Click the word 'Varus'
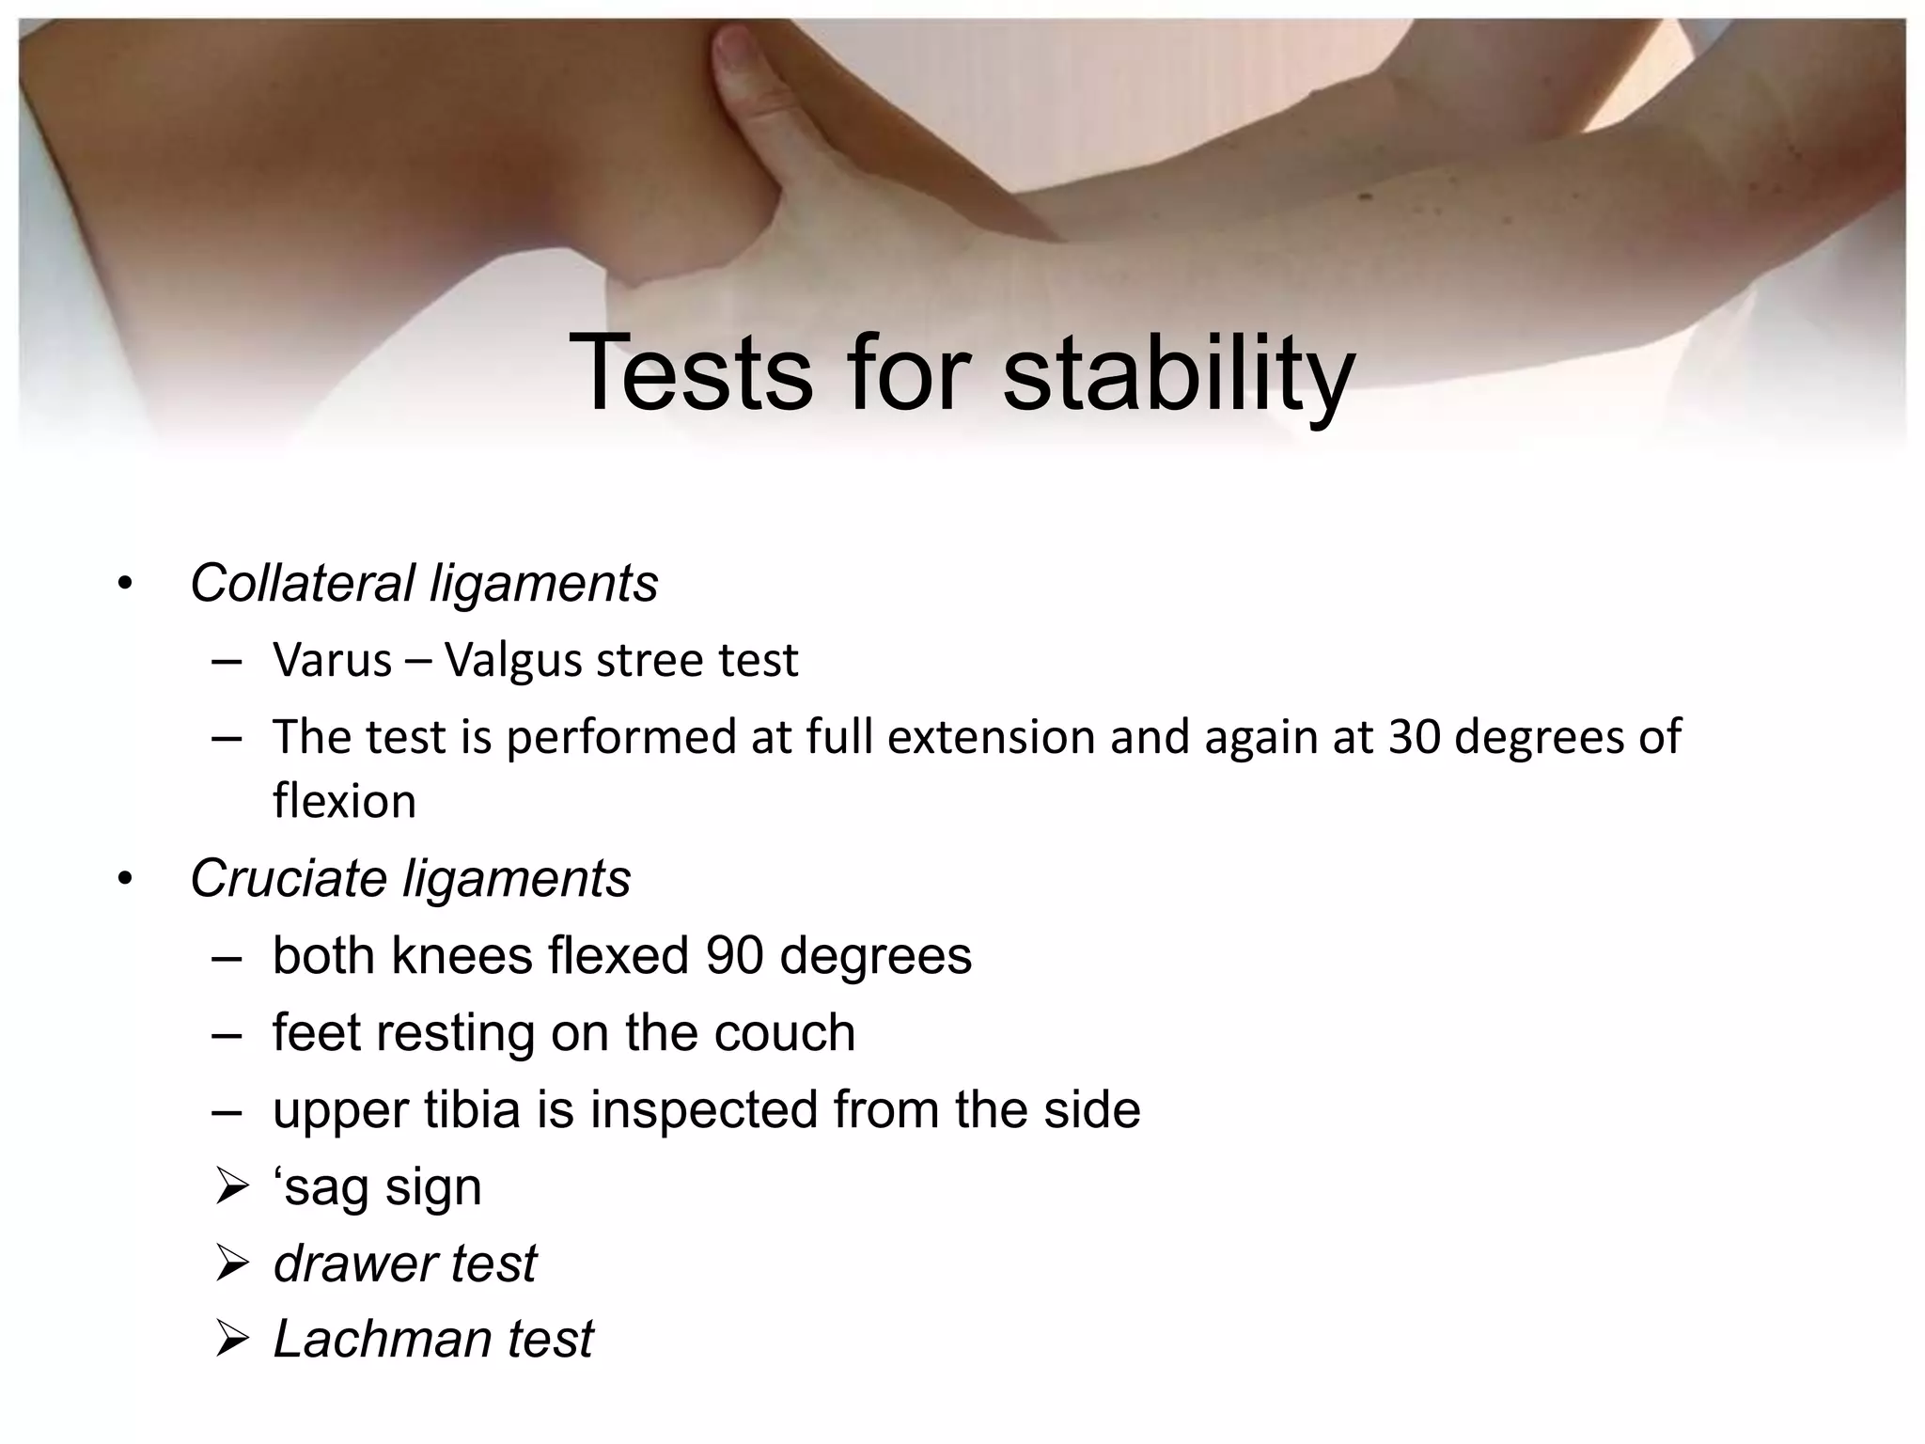click(332, 660)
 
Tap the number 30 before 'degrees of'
click(1414, 736)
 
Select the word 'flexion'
click(344, 801)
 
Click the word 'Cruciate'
click(289, 878)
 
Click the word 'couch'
click(784, 1032)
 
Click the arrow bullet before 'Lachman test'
click(230, 1339)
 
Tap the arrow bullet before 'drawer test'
click(230, 1263)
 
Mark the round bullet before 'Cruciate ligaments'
click(125, 880)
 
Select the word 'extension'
click(991, 736)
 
